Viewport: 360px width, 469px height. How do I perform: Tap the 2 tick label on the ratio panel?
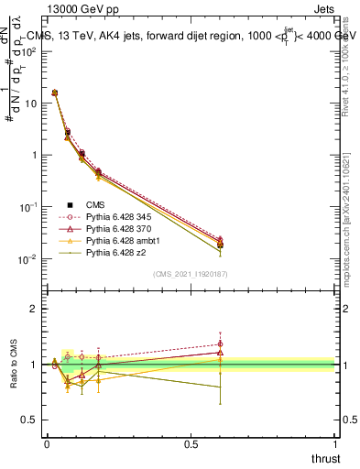tap(34, 309)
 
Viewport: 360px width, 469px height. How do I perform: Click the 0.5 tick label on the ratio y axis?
tap(29, 420)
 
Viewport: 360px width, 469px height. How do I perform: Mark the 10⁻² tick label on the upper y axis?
tap(27, 259)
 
